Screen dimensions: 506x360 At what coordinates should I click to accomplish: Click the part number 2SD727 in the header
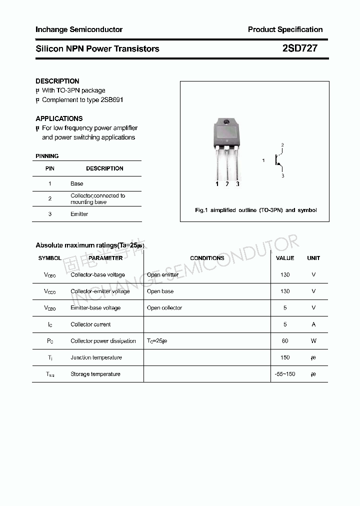[x=299, y=48]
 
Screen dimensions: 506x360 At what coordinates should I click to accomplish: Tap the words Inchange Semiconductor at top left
[x=79, y=29]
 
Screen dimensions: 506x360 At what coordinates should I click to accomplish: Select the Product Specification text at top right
[x=285, y=29]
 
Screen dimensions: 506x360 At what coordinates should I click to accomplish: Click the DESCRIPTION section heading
[x=57, y=81]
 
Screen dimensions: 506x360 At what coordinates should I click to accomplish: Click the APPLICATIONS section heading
[x=59, y=118]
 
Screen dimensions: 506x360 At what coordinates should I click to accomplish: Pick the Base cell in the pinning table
[x=77, y=183]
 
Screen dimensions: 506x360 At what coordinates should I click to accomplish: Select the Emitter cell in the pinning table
[x=79, y=214]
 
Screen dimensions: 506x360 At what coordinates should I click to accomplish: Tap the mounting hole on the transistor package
[x=226, y=122]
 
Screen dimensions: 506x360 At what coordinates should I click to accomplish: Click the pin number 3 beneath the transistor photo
[x=237, y=184]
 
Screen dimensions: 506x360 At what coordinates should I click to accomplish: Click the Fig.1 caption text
[x=255, y=210]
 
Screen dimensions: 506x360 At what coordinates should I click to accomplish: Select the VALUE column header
[x=285, y=258]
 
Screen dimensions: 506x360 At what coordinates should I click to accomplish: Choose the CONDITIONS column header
[x=207, y=258]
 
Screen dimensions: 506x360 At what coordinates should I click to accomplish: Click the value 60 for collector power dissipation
[x=285, y=341]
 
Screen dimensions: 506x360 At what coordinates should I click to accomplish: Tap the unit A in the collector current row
[x=313, y=324]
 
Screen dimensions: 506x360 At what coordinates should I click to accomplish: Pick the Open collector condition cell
[x=164, y=308]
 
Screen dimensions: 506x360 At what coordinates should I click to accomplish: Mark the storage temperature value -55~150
[x=285, y=374]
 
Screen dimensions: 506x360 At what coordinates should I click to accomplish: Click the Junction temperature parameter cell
[x=96, y=357]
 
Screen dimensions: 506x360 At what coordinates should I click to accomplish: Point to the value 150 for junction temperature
[x=285, y=357]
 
